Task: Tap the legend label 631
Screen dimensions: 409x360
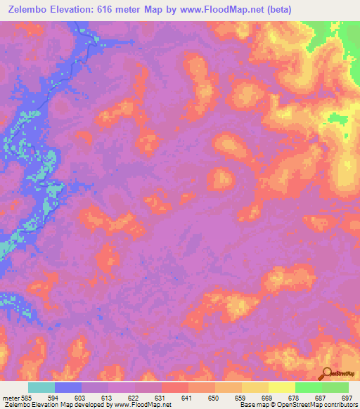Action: [x=160, y=397]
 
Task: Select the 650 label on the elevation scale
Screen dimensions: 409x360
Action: [x=214, y=397]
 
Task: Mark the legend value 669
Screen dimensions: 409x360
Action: [x=267, y=397]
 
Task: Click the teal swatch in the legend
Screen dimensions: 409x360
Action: [x=41, y=387]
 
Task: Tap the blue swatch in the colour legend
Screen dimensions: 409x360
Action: [x=68, y=387]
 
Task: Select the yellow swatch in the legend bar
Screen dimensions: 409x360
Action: [x=281, y=387]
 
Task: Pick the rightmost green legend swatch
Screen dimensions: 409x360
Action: [x=335, y=387]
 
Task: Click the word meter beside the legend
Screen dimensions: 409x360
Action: [x=10, y=397]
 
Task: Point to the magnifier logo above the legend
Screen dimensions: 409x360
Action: [x=326, y=373]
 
